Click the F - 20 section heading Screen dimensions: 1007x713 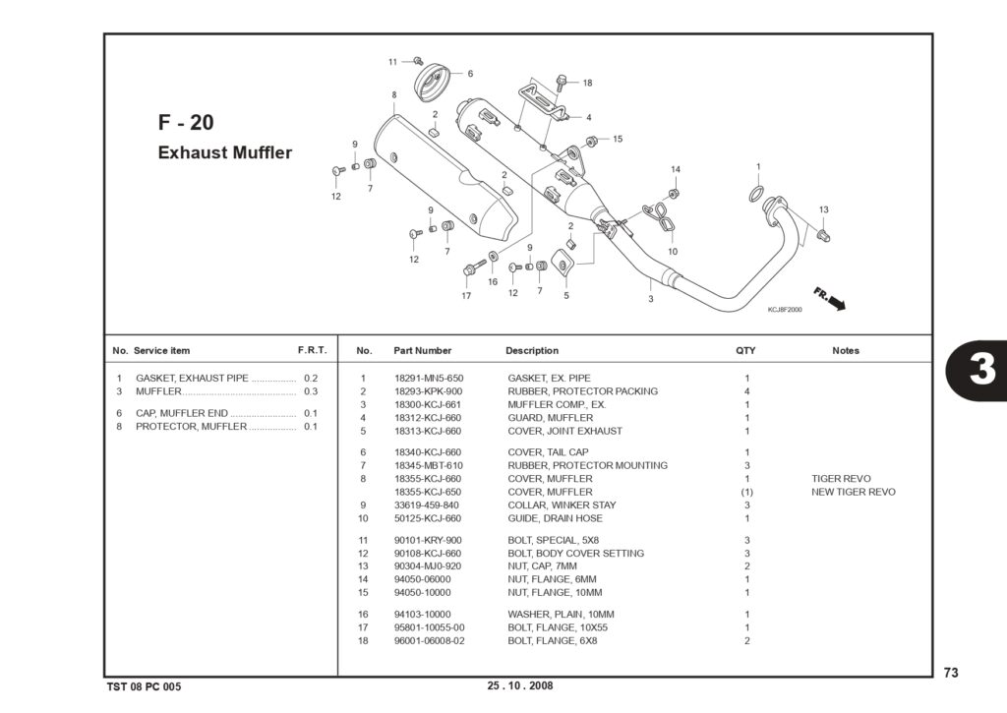[x=186, y=122]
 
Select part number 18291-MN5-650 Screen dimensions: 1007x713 [x=429, y=379]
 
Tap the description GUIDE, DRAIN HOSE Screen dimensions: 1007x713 [x=555, y=518]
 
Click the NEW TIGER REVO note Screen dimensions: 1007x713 [x=853, y=492]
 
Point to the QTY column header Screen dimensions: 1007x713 [x=745, y=351]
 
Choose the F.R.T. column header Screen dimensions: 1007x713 [x=312, y=350]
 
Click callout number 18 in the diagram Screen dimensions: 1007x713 [x=588, y=83]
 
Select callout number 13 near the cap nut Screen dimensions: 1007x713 [x=824, y=209]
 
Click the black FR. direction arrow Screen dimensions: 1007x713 [x=836, y=302]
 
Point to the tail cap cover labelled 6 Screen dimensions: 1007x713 [x=431, y=82]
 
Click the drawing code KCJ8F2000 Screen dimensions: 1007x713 [x=785, y=310]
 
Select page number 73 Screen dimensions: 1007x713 [x=951, y=672]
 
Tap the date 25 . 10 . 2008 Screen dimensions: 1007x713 [x=520, y=685]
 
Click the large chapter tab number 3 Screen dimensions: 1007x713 [x=982, y=370]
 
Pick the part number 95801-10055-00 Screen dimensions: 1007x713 [x=429, y=627]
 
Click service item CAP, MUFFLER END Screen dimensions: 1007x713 [x=182, y=413]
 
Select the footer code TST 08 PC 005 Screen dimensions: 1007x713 [x=144, y=686]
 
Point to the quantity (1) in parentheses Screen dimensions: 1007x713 [x=747, y=492]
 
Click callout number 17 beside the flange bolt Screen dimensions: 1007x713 [x=466, y=296]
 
